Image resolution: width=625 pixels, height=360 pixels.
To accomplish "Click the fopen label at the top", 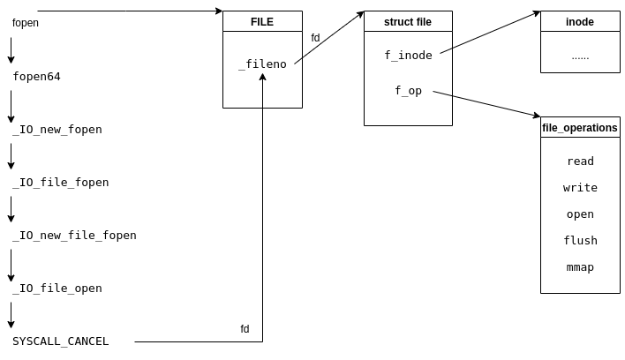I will coord(26,23).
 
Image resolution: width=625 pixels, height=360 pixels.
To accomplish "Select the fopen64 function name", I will coord(36,77).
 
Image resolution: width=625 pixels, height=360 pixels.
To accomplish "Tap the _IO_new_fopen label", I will coord(56,130).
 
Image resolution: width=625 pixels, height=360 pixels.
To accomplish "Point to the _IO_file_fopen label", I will coord(60,183).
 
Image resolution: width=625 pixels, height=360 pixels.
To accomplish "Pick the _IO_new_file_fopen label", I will coord(74,236).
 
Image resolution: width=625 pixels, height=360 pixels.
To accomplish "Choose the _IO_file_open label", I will coord(56,289).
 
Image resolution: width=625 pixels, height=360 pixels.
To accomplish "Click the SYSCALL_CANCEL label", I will coord(60,341).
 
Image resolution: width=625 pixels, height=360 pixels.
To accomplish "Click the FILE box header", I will coord(262,22).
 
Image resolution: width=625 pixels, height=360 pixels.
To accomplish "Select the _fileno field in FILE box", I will coord(262,64).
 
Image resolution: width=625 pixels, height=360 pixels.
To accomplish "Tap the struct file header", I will coord(408,22).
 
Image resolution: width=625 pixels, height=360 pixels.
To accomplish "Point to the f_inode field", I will coord(408,56).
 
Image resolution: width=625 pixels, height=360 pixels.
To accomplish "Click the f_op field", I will coord(408,91).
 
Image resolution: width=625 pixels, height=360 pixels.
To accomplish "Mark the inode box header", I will coord(580,22).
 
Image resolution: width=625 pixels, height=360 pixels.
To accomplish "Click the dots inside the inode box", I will coord(580,56).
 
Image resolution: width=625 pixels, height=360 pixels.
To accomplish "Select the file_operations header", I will coord(580,128).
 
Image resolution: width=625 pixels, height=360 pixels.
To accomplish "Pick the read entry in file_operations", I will coord(580,161).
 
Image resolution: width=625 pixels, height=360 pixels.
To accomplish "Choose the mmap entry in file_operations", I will coord(580,267).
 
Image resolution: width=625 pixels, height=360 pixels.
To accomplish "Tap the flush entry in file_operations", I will coord(580,241).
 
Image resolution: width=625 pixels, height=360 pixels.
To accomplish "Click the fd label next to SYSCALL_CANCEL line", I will coord(245,329).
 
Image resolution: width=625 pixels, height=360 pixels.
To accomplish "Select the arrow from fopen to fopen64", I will coord(11,49).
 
